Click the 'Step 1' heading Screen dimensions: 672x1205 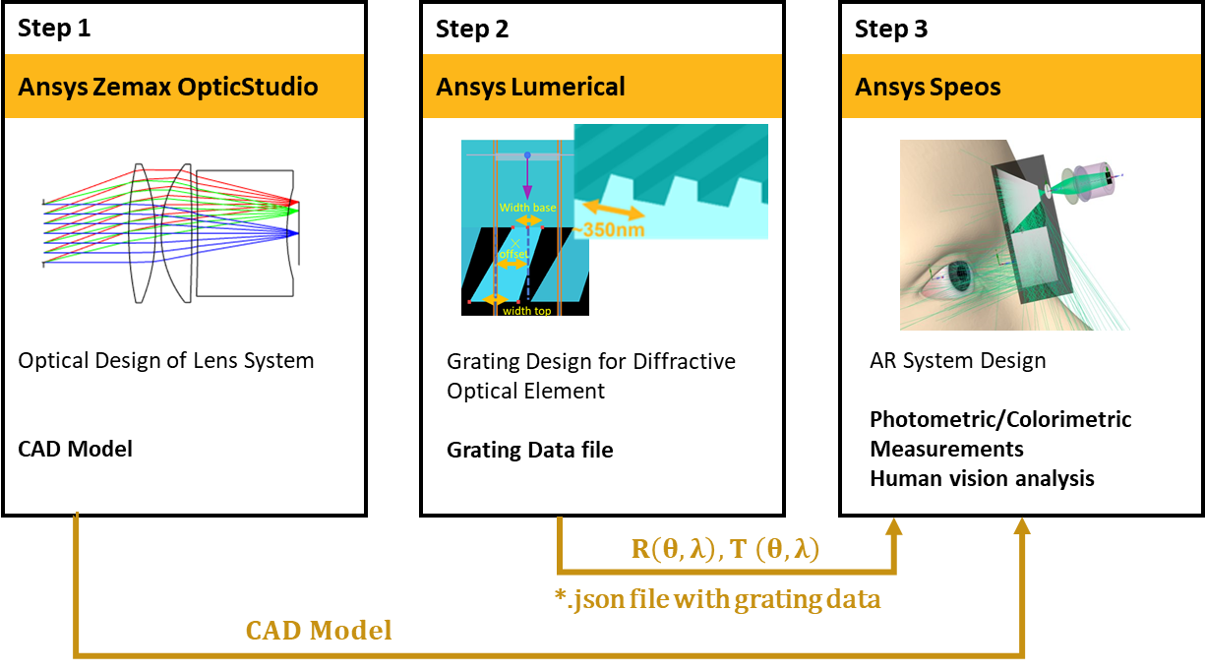(x=54, y=29)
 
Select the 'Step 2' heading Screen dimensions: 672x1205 (x=472, y=29)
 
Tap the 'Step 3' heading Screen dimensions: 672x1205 (x=891, y=29)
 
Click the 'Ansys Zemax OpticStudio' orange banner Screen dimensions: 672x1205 (x=168, y=87)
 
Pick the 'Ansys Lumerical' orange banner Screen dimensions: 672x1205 (x=530, y=87)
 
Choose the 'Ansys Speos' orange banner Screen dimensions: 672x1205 (x=928, y=87)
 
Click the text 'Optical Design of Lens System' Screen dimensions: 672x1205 (x=166, y=360)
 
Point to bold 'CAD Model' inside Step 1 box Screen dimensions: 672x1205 (x=75, y=450)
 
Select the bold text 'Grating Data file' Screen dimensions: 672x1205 (x=529, y=450)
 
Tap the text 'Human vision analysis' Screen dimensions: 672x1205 (x=982, y=479)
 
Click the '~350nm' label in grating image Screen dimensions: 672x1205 (x=612, y=229)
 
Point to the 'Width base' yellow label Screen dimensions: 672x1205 (x=527, y=208)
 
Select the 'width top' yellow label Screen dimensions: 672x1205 (x=525, y=311)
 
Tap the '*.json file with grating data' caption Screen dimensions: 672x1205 (x=718, y=598)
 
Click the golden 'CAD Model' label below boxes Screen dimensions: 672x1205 (x=318, y=630)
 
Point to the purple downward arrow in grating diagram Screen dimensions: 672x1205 (x=528, y=177)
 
